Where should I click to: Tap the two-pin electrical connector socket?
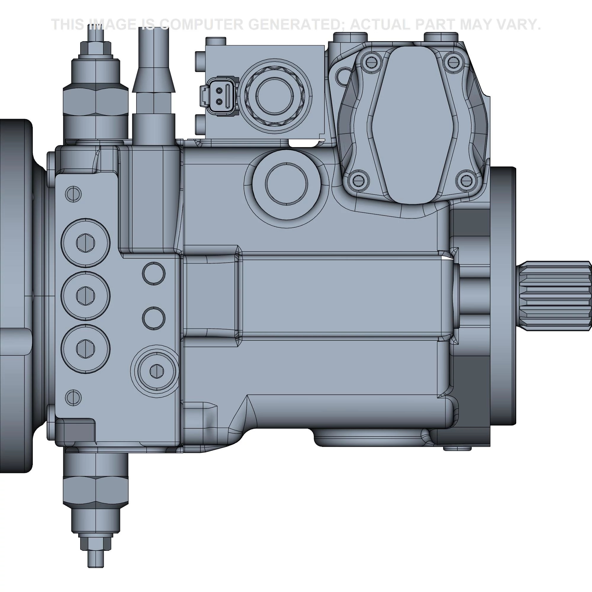tap(219, 96)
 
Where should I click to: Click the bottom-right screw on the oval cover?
tap(466, 181)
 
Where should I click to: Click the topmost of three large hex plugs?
tap(86, 243)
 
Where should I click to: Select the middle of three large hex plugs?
tap(86, 296)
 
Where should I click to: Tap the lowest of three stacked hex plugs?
tap(86, 349)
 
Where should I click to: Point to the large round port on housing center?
tap(286, 184)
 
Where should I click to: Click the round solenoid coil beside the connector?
tap(275, 96)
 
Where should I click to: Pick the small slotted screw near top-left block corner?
tap(73, 194)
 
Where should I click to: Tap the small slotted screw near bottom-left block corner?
tap(73, 398)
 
